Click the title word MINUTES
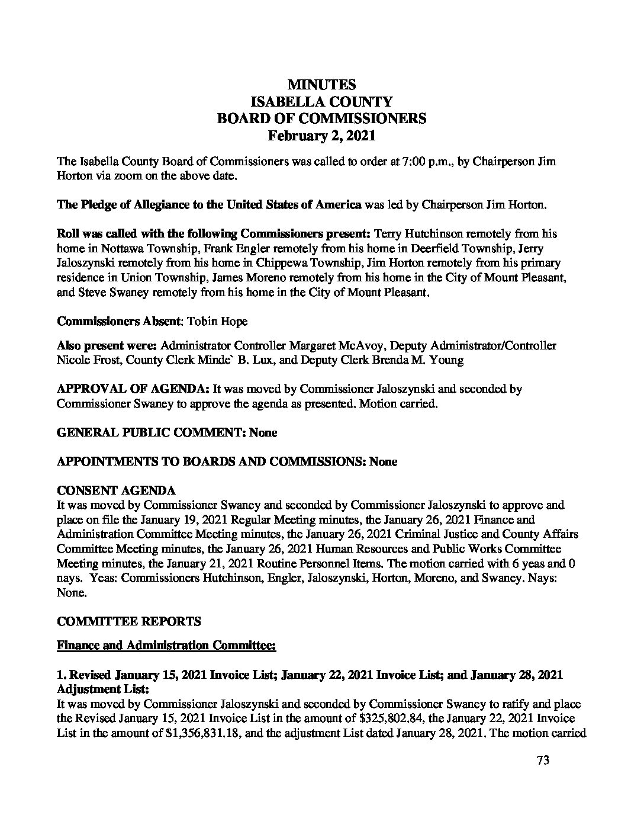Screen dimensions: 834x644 click(x=321, y=85)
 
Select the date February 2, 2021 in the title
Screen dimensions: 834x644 click(x=321, y=135)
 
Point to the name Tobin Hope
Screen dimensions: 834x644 click(x=217, y=321)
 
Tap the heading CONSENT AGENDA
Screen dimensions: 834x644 click(x=116, y=491)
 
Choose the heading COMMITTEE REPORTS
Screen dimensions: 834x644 click(x=129, y=621)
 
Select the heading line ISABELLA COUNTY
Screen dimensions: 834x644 click(x=321, y=101)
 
